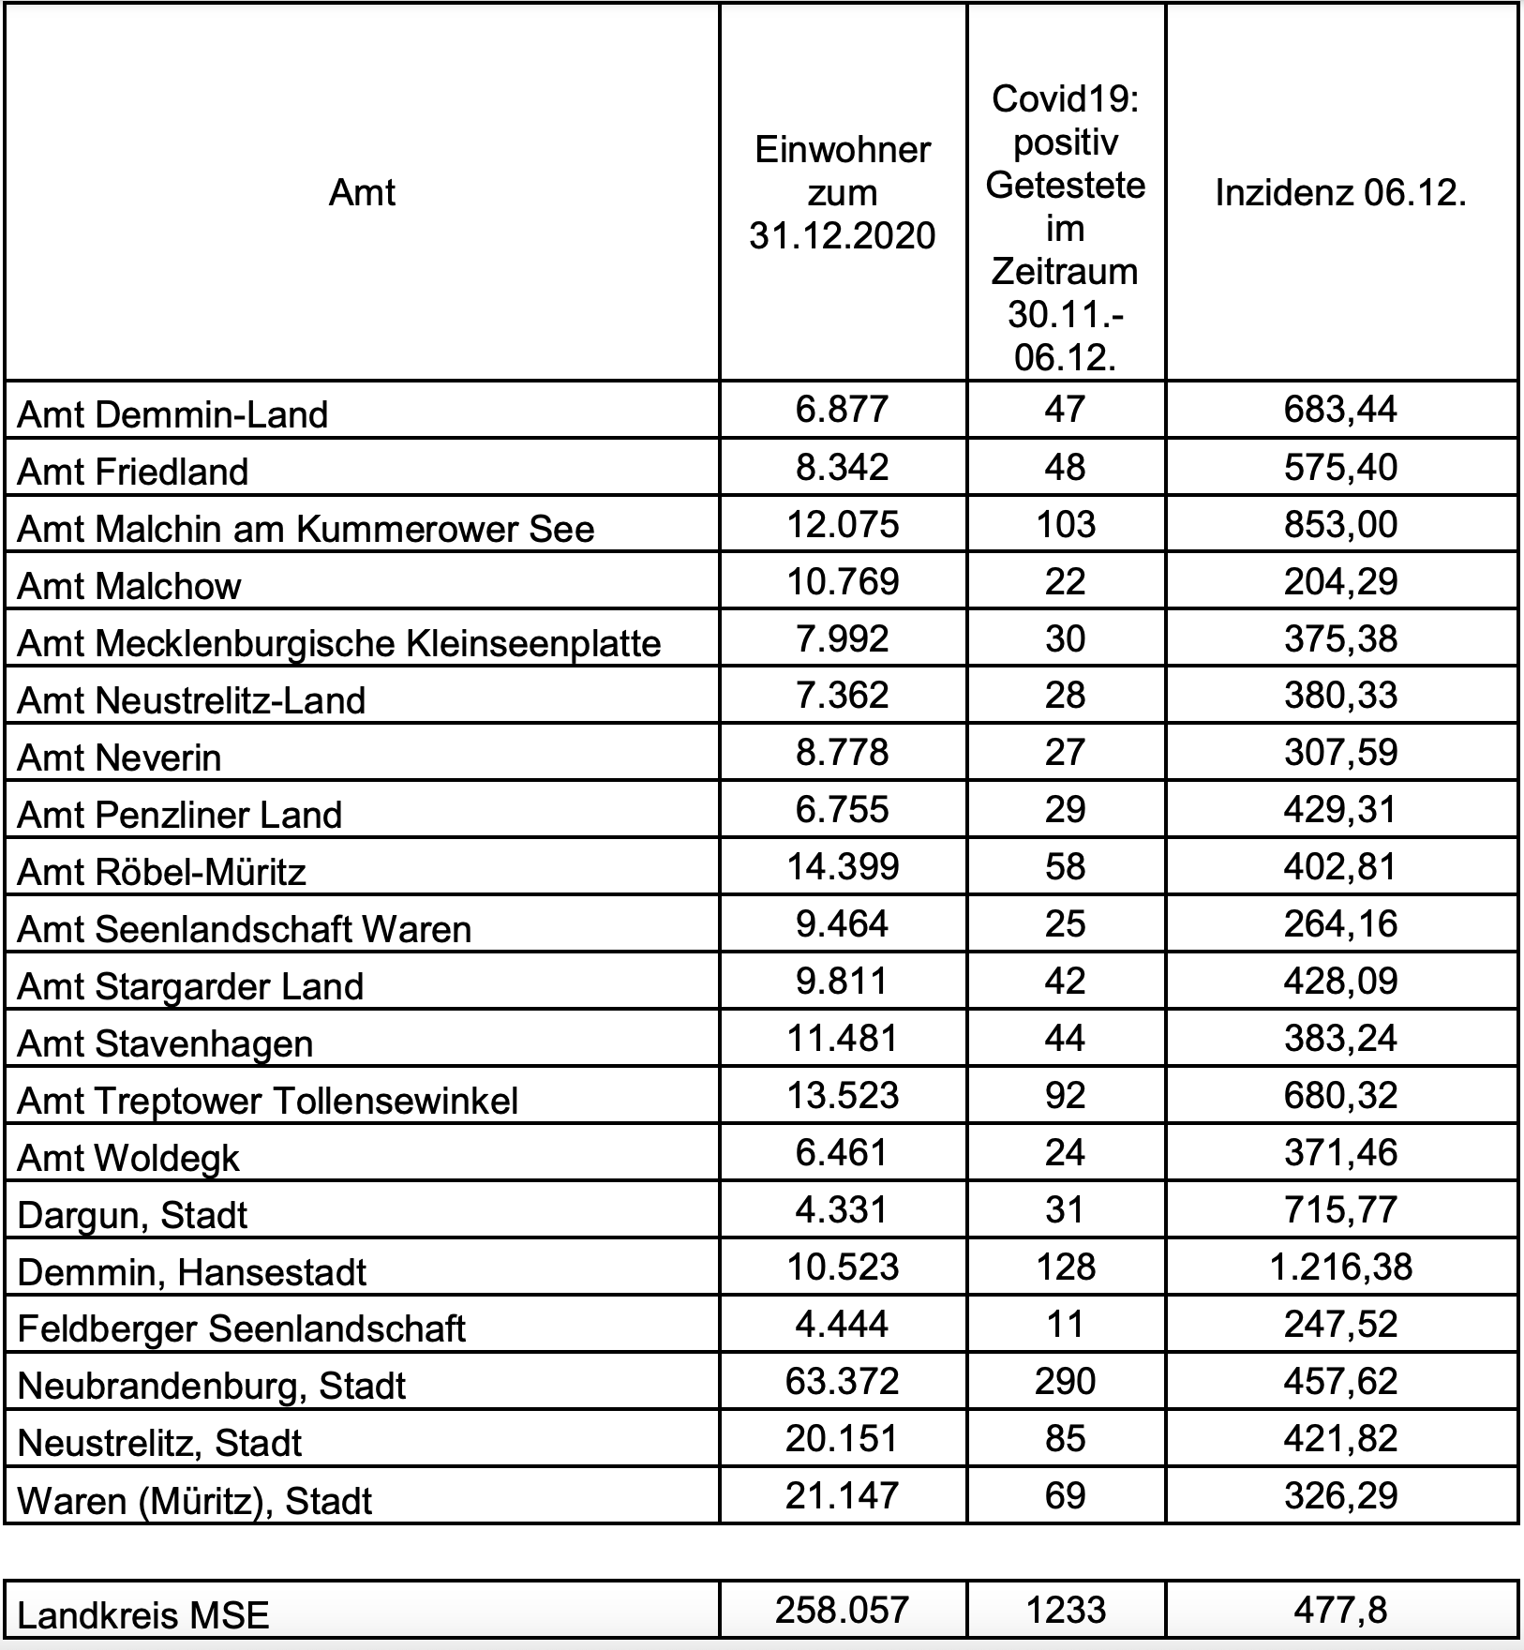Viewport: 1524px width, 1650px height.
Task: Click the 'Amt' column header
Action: tap(362, 193)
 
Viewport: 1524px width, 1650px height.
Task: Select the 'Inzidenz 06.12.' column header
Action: tap(1340, 193)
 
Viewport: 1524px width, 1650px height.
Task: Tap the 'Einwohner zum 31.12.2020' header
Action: tap(842, 193)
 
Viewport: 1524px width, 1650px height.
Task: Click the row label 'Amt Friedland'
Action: tap(133, 471)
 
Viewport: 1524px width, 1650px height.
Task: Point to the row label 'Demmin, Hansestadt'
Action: tap(192, 1272)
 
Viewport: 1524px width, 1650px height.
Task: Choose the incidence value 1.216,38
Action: tap(1340, 1267)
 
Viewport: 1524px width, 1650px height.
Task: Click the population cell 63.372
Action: tap(842, 1381)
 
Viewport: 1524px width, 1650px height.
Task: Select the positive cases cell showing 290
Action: tap(1066, 1381)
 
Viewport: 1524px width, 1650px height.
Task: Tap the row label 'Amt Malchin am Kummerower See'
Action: tap(306, 529)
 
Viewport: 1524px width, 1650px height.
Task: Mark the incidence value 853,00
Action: tap(1340, 523)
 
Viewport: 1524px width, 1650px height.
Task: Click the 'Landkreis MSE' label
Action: tap(143, 1615)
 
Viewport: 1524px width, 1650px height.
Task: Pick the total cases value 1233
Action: tap(1066, 1610)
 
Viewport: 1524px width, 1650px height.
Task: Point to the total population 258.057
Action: tap(842, 1610)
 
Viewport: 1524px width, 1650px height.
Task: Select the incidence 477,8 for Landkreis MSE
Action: tap(1340, 1610)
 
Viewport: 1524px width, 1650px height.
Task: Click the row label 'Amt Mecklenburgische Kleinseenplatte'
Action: tap(339, 643)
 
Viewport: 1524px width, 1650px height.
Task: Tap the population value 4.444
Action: tap(842, 1324)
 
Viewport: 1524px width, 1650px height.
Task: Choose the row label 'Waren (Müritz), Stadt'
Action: tap(195, 1501)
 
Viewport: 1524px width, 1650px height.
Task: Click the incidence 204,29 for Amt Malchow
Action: tap(1340, 581)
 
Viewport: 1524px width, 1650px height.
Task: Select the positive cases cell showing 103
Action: tap(1066, 523)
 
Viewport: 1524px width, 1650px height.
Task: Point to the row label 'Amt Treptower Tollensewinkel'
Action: tap(268, 1101)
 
